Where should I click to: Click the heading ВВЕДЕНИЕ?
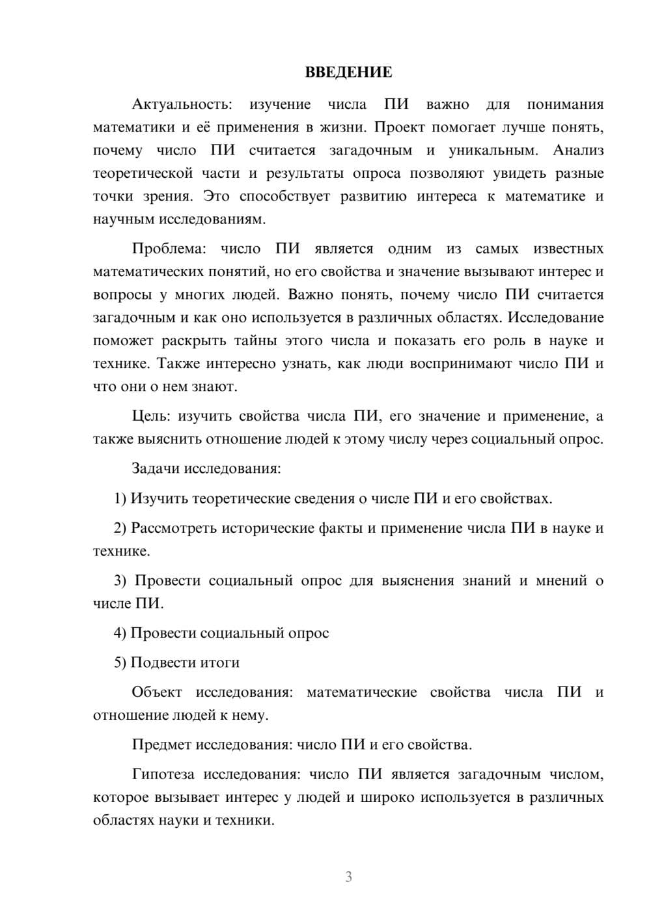tap(348, 72)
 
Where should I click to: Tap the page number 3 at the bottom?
tap(348, 877)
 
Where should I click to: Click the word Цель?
tap(151, 416)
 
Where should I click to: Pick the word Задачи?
tap(156, 468)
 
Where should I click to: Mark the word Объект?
tap(157, 692)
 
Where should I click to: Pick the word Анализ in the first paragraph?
tap(578, 150)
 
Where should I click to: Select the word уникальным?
tap(493, 150)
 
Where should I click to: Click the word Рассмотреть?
tap(174, 528)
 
